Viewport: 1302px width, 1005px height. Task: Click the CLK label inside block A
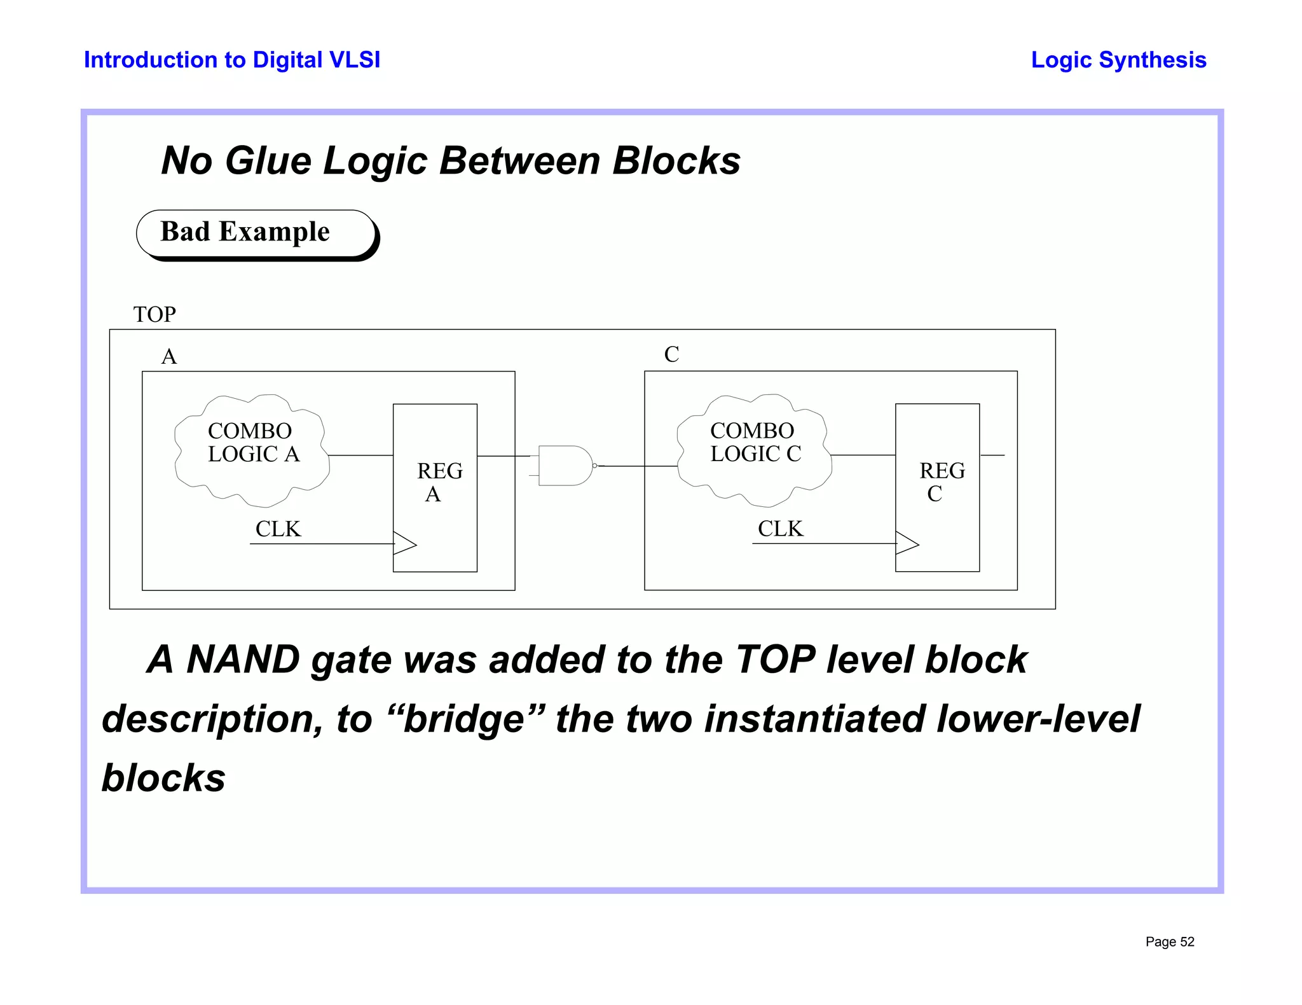(x=278, y=529)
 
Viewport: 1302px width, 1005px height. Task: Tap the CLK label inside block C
(x=780, y=529)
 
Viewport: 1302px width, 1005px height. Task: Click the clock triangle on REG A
(x=404, y=544)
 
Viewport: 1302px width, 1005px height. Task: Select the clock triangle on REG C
(x=907, y=544)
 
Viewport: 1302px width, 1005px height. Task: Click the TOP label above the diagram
(x=154, y=314)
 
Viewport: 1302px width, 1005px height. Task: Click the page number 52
(x=1187, y=942)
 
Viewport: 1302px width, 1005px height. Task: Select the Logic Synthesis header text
(x=1118, y=60)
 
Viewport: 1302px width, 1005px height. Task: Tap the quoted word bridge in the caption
(x=463, y=719)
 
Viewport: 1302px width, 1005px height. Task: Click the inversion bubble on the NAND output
(x=595, y=466)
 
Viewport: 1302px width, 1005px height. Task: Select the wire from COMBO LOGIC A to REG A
(x=360, y=455)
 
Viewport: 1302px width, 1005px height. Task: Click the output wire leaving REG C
(x=992, y=455)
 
